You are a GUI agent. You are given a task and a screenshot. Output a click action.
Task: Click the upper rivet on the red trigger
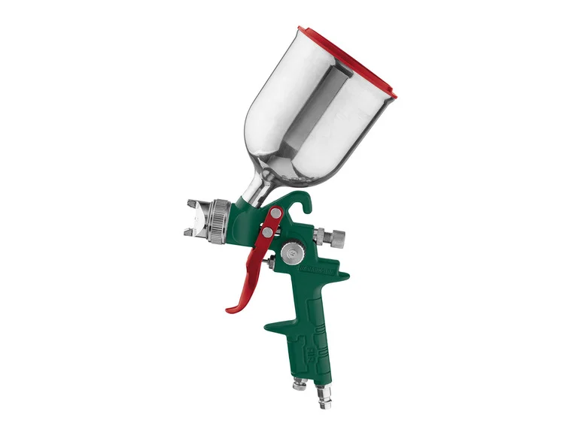tap(275, 215)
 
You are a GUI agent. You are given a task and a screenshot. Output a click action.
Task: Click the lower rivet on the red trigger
tap(266, 234)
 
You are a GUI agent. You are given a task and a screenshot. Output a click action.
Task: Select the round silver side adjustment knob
tap(289, 255)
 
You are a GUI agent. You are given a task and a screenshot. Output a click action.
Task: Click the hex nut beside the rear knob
tap(321, 234)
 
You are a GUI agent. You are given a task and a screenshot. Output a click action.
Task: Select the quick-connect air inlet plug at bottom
tap(326, 391)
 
